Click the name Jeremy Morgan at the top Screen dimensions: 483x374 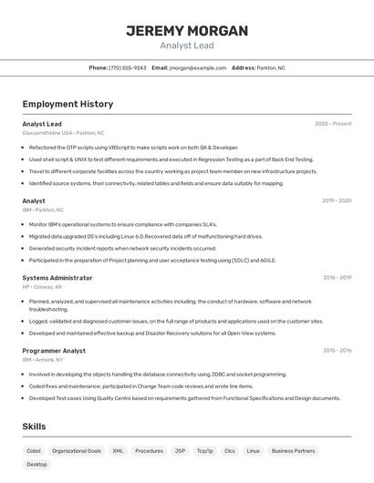click(186, 31)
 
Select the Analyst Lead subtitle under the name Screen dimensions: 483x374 click(186, 45)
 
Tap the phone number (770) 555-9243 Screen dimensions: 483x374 click(127, 67)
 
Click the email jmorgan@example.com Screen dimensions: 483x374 click(197, 67)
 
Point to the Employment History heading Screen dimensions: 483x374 click(68, 104)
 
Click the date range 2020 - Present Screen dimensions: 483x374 click(333, 124)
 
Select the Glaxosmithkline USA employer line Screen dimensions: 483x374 click(63, 132)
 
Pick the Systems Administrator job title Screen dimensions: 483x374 click(57, 278)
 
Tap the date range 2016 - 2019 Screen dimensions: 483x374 click(337, 278)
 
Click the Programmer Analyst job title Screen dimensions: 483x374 click(54, 351)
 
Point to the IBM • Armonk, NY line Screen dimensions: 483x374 click(43, 359)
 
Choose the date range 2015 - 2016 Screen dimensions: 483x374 click(337, 351)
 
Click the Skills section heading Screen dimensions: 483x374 click(34, 426)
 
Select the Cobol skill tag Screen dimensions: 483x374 click(34, 450)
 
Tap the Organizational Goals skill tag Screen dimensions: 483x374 click(77, 450)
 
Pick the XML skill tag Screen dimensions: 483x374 click(118, 450)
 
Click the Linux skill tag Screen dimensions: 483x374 click(253, 450)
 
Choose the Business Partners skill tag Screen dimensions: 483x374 click(293, 450)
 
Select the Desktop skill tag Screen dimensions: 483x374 click(36, 464)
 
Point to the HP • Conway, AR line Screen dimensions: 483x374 click(42, 286)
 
